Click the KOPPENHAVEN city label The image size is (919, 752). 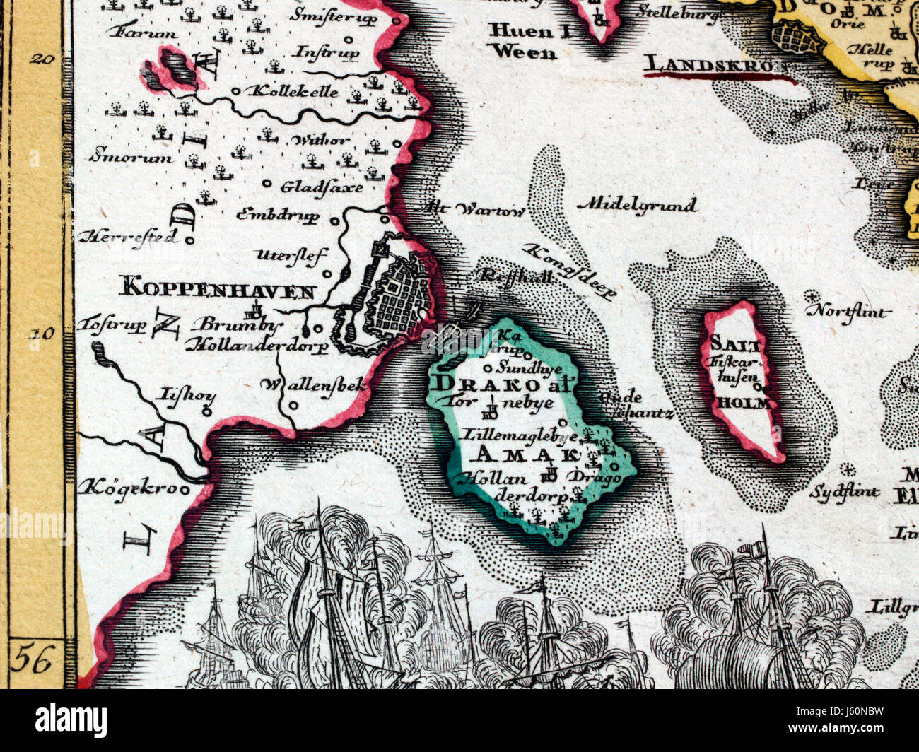[217, 288]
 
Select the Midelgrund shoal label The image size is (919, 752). [637, 205]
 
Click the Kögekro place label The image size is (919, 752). [131, 487]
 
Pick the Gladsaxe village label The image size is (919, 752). [321, 187]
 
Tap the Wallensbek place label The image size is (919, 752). [314, 385]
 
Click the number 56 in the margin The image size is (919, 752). [34, 661]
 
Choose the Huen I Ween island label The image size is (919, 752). [524, 41]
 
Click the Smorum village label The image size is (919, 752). [131, 157]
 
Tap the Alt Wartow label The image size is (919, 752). [474, 210]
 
